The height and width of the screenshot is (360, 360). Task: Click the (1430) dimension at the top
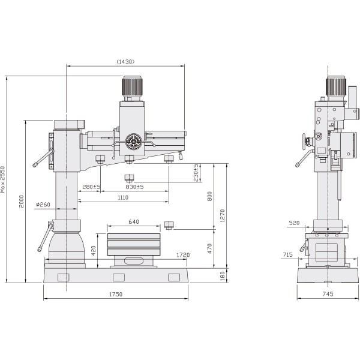click(x=125, y=61)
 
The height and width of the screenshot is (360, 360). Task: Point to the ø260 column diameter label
click(x=43, y=205)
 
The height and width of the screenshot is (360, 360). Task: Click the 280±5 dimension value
click(x=91, y=187)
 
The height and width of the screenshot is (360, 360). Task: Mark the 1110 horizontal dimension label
click(x=123, y=197)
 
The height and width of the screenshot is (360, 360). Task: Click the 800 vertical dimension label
click(x=209, y=196)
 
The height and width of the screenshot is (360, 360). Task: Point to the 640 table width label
click(x=133, y=222)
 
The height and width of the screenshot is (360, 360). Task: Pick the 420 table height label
click(x=94, y=249)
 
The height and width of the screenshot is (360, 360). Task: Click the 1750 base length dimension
click(x=115, y=294)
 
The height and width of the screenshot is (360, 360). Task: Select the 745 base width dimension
click(x=327, y=294)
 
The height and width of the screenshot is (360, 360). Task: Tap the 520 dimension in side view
click(x=294, y=223)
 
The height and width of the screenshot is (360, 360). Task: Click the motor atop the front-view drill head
click(x=133, y=88)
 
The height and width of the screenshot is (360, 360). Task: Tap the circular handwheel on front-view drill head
click(x=133, y=142)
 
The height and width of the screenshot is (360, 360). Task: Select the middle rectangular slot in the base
click(x=118, y=277)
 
